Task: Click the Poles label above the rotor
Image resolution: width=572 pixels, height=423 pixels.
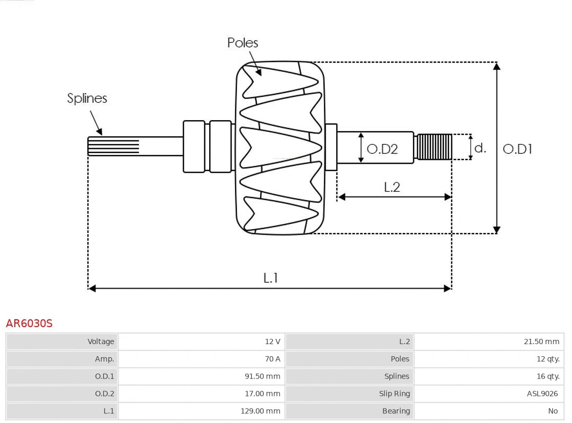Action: [243, 43]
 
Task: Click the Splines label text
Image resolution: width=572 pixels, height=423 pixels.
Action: [87, 98]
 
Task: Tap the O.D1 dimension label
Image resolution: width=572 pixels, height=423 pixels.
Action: [517, 149]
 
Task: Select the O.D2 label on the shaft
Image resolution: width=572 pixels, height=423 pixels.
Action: [382, 149]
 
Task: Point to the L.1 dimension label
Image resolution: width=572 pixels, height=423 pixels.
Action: [271, 278]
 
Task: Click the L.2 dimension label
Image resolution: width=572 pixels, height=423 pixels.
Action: [392, 187]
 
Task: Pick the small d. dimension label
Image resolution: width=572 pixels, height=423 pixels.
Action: [480, 148]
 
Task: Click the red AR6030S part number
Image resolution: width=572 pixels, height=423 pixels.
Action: [29, 323]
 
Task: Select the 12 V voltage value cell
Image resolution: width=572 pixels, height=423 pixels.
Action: [273, 341]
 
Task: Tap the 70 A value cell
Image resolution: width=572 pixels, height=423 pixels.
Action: [273, 359]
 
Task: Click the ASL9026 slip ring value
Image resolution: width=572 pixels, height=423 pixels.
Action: [542, 393]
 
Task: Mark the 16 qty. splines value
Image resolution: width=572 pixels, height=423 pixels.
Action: [548, 376]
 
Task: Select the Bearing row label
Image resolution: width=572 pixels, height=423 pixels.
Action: [396, 411]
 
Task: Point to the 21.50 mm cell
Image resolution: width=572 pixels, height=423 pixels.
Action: [541, 341]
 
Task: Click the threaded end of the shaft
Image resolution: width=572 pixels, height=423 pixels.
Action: [434, 147]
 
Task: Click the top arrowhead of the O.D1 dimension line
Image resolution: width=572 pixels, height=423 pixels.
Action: [496, 66]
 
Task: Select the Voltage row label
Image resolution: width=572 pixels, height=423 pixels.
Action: [101, 341]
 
